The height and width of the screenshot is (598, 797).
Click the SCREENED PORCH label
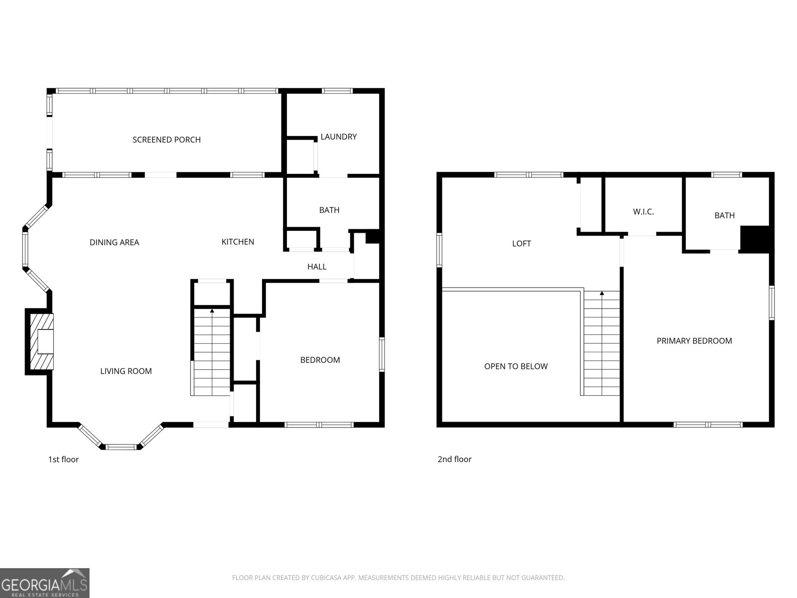(166, 140)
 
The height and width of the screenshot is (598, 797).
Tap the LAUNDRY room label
(338, 137)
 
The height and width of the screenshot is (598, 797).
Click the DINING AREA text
(114, 242)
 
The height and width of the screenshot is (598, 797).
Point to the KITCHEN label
(238, 242)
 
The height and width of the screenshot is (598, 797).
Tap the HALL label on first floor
(317, 267)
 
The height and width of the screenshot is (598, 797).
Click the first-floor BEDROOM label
(320, 360)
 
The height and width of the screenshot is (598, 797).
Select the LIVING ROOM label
(126, 371)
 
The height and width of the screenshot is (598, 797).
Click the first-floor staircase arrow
(212, 311)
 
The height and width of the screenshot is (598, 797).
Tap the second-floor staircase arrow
(602, 294)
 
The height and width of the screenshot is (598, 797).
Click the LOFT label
(522, 244)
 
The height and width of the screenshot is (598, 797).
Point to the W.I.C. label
(643, 212)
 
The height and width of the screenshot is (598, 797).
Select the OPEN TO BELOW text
(516, 366)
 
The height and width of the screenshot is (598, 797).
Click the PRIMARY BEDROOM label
(694, 341)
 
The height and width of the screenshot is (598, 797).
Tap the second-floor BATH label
(724, 215)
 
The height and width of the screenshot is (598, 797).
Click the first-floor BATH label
(329, 210)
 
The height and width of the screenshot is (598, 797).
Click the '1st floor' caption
(63, 459)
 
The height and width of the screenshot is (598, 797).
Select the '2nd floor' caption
(454, 459)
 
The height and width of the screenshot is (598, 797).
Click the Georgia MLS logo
(44, 583)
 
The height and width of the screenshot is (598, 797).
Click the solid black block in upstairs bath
(755, 239)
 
